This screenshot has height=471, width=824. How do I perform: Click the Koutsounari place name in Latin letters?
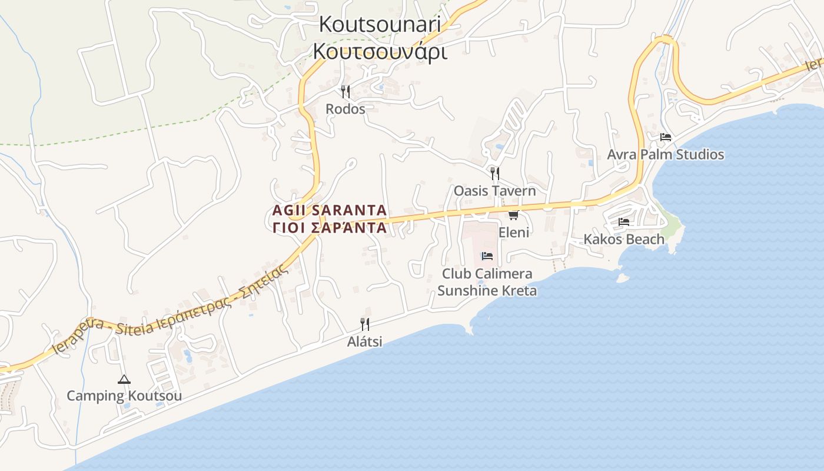380,24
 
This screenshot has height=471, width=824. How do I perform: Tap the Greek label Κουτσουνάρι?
380,52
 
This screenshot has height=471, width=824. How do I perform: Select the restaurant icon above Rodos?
345,91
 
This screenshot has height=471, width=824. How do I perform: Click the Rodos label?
345,109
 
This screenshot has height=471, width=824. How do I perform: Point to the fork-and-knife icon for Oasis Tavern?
495,173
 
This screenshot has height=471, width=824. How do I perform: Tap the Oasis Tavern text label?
494,191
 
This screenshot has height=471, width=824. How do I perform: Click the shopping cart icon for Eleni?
514,215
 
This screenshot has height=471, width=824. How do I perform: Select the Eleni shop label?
514,232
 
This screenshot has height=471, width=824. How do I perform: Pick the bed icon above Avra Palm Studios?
666,137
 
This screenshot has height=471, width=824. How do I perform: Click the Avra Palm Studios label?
666,154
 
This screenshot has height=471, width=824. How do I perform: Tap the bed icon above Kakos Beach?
624,222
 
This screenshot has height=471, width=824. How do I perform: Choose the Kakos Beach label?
624,239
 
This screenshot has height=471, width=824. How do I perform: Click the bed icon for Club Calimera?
487,256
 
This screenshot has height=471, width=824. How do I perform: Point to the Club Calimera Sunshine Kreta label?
487,282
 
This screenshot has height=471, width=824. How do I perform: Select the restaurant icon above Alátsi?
365,324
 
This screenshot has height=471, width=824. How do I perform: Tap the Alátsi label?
365,341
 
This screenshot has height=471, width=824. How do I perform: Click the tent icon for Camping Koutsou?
124,379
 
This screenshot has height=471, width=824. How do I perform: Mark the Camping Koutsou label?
124,396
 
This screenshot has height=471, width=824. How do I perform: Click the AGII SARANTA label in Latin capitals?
330,210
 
